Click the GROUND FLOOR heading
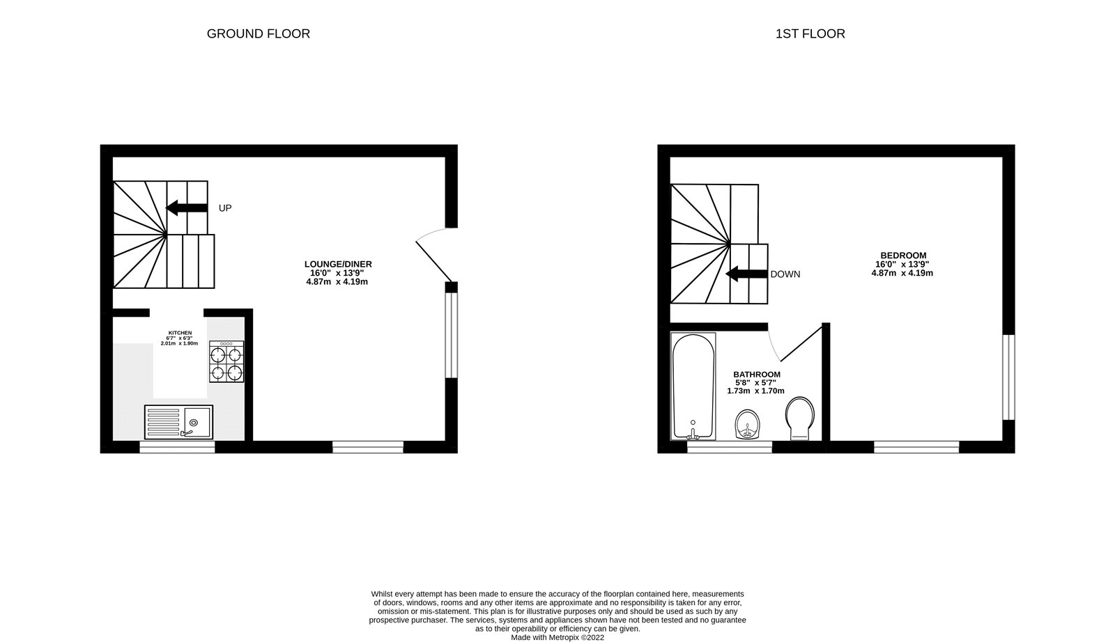pyautogui.click(x=258, y=33)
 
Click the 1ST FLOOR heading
pyautogui.click(x=810, y=33)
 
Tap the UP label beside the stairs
pyautogui.click(x=224, y=208)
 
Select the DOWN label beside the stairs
pyautogui.click(x=785, y=274)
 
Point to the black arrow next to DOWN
pyautogui.click(x=746, y=274)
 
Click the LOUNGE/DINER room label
pyautogui.click(x=338, y=264)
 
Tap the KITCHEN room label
pyautogui.click(x=179, y=333)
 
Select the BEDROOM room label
pyautogui.click(x=902, y=256)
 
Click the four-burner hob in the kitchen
pyautogui.click(x=227, y=361)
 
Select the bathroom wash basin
pyautogui.click(x=749, y=425)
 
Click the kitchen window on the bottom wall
pyautogui.click(x=177, y=447)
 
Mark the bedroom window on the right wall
pyautogui.click(x=1008, y=377)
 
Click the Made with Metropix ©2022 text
pyautogui.click(x=557, y=637)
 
